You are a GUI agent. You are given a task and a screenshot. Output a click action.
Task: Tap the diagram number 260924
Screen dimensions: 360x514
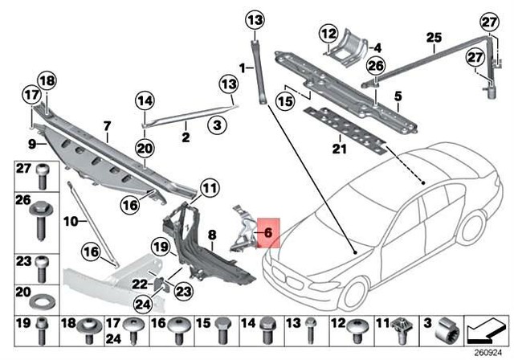(491, 351)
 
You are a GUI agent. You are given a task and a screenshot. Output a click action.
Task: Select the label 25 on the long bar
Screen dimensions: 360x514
(434, 37)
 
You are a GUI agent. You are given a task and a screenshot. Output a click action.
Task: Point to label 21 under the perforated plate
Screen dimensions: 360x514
(338, 147)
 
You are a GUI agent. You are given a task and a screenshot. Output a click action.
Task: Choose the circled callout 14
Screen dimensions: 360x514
(144, 101)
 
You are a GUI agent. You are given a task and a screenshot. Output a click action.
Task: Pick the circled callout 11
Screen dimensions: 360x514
(209, 189)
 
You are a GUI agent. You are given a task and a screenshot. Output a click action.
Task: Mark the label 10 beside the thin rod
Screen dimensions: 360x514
(71, 220)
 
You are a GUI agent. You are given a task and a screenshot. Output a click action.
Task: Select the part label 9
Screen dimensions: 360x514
(33, 145)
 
